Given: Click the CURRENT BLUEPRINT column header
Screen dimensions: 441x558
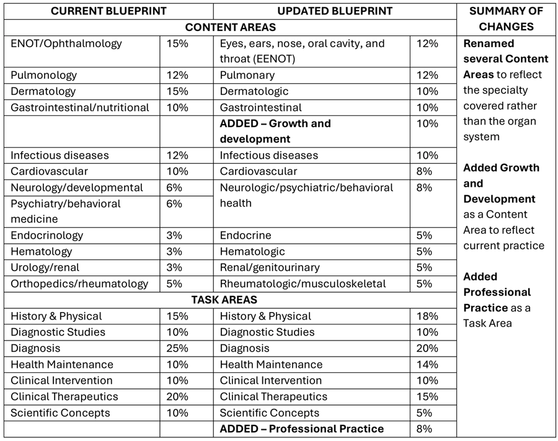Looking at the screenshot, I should [108, 11].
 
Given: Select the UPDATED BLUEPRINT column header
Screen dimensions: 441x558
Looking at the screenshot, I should [334, 11].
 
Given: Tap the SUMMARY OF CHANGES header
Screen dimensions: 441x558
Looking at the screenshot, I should [506, 19].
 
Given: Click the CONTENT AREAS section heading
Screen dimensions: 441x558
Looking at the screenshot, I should [230, 27].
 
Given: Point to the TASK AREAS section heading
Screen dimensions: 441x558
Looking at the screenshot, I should [230, 300].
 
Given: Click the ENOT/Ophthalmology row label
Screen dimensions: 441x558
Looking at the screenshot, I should [66, 44].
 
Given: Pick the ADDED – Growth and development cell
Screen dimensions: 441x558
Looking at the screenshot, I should [275, 131].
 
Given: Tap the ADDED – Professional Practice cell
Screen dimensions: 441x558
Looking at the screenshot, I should [301, 429].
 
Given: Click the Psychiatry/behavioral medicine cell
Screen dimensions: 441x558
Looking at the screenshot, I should [66, 211].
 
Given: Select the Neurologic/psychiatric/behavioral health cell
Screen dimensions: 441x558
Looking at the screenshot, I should [306, 195].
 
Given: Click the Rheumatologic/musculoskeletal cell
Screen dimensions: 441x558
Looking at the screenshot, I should [303, 284].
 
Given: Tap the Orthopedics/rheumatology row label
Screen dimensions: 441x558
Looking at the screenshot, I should [79, 284].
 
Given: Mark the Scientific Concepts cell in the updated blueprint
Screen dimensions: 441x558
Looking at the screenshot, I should [270, 413].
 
